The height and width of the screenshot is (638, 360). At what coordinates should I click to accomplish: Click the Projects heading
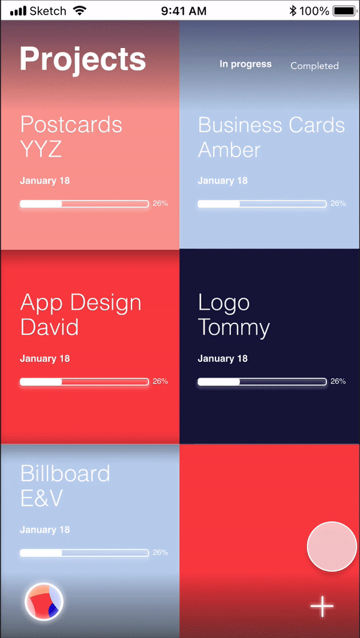[x=83, y=59]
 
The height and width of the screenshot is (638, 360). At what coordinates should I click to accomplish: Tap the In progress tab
[x=245, y=64]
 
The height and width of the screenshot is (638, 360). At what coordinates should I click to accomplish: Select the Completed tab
[x=314, y=66]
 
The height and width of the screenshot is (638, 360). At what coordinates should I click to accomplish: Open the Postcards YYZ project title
[x=71, y=136]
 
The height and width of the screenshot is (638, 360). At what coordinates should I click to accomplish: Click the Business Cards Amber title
[x=271, y=137]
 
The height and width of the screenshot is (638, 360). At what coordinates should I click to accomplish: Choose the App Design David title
[x=80, y=314]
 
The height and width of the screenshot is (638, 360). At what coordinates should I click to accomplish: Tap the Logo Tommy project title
[x=233, y=314]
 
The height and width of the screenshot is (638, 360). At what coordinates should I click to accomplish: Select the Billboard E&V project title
[x=65, y=486]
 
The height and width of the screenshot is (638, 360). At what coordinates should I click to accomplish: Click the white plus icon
[x=322, y=607]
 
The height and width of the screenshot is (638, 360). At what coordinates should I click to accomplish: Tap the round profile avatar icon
[x=44, y=601]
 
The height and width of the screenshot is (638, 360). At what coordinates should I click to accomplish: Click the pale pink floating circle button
[x=332, y=546]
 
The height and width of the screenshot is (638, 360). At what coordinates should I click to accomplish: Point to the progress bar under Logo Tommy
[x=262, y=382]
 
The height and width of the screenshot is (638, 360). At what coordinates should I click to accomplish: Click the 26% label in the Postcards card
[x=160, y=203]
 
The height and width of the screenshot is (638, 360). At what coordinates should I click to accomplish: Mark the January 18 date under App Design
[x=45, y=359]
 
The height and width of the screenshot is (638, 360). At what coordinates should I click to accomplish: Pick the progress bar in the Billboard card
[x=84, y=553]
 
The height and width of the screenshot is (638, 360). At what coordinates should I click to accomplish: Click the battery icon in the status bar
[x=344, y=11]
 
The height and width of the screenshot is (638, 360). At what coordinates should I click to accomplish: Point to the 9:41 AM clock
[x=184, y=11]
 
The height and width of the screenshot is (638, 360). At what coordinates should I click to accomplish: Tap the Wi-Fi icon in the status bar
[x=79, y=11]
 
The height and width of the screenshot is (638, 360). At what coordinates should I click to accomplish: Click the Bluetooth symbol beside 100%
[x=293, y=11]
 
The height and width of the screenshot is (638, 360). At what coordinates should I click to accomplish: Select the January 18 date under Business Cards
[x=223, y=181]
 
